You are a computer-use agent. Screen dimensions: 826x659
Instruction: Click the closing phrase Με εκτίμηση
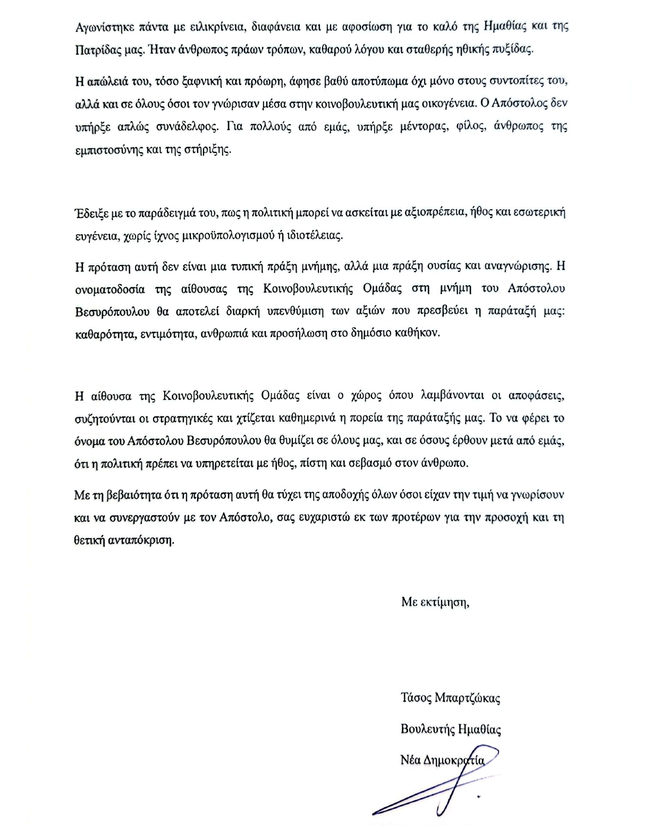[x=435, y=602]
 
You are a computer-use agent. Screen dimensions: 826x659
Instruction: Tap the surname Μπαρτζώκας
[x=467, y=698]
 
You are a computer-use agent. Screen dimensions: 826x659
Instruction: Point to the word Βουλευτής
[x=425, y=729]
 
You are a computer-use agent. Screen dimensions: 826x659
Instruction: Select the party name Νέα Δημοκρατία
[x=442, y=761]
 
